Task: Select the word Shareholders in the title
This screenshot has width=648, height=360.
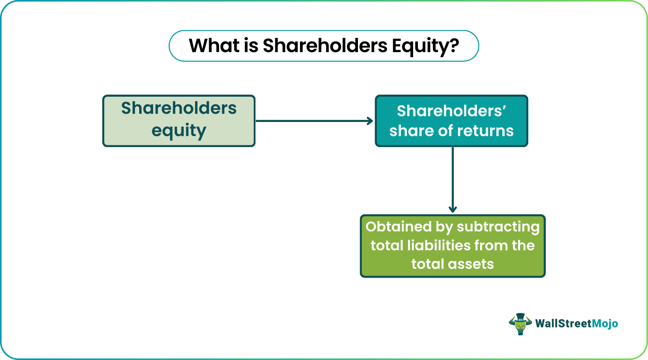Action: tap(325, 46)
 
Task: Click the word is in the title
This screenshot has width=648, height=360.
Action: tap(251, 46)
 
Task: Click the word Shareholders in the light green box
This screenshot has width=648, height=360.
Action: tap(179, 108)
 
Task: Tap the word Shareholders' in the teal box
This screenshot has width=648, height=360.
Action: tap(451, 111)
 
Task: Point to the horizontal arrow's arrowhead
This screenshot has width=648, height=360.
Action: tap(371, 121)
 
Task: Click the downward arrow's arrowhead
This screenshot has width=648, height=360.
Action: tap(453, 209)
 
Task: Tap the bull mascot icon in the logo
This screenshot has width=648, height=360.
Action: tap(520, 324)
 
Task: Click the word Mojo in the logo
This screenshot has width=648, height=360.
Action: tap(605, 324)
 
